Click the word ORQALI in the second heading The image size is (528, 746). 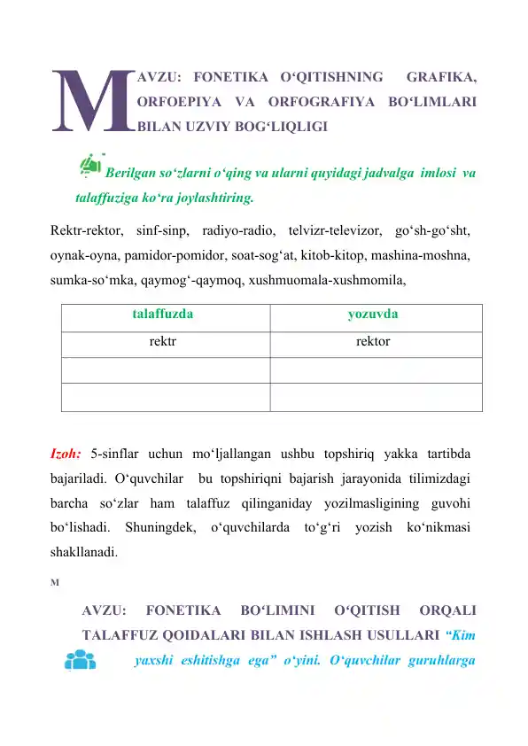coord(450,610)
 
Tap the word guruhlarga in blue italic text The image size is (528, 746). coord(438,660)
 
